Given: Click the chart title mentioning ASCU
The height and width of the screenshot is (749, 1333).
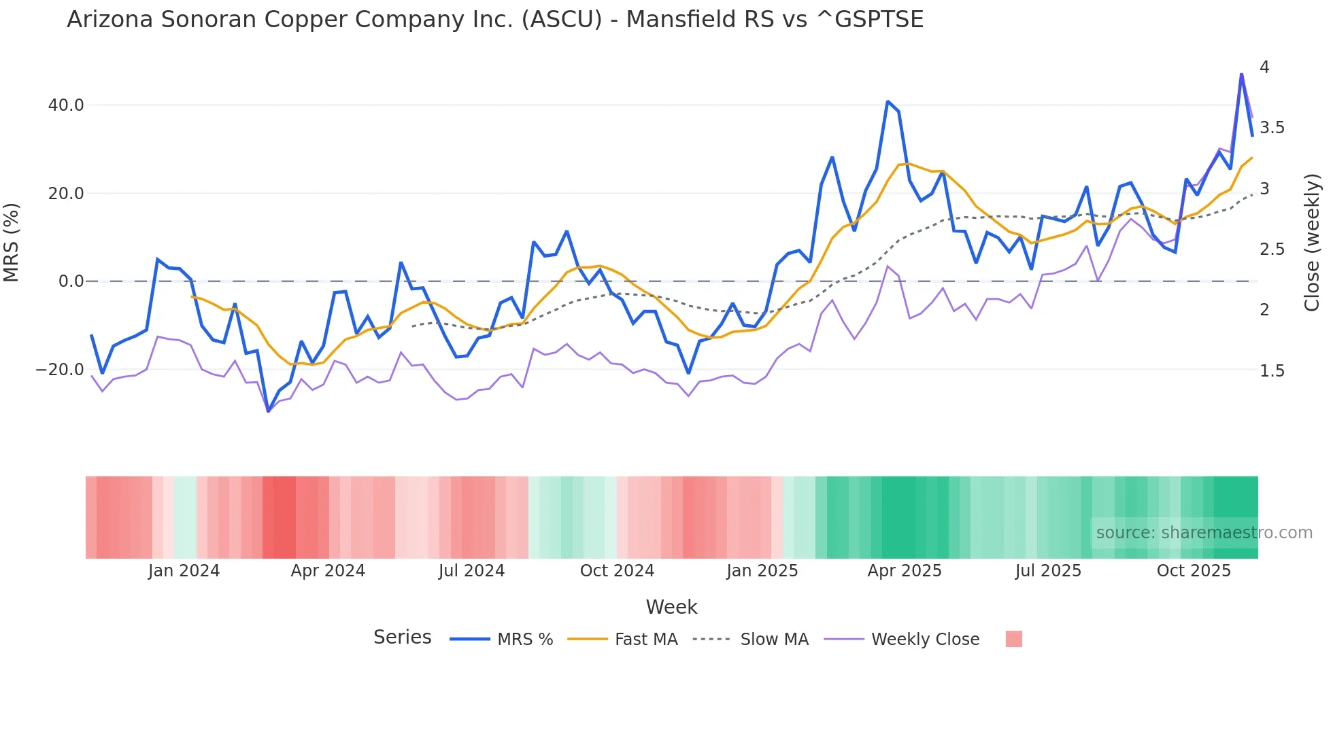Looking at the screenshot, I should pos(494,20).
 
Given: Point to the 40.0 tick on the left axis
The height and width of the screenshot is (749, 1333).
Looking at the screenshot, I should pos(66,105).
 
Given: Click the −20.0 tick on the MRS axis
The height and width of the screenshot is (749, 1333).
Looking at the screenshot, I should pos(60,370).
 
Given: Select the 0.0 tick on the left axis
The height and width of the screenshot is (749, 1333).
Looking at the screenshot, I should pos(71,281).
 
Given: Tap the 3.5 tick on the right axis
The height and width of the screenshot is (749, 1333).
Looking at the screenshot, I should pos(1272,128).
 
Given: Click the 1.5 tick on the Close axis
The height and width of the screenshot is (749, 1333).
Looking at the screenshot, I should pos(1272,371).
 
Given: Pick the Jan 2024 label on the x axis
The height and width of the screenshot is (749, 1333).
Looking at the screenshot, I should pos(184,571).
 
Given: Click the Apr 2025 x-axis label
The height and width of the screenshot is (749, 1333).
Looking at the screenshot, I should pos(904,571).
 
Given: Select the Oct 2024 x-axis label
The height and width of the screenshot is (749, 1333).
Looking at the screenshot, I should pos(617,571).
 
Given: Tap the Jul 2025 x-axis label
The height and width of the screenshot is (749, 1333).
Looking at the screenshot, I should pos(1048,571).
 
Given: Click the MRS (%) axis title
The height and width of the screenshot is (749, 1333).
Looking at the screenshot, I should pos(12,242).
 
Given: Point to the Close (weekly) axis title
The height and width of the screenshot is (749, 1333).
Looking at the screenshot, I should pos(1312,243).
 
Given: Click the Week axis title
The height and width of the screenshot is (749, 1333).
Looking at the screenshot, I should pos(671,607).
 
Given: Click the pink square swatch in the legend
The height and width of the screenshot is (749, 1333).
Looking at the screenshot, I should pos(1013,639).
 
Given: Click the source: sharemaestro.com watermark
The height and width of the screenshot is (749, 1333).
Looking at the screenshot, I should pos(1204,533).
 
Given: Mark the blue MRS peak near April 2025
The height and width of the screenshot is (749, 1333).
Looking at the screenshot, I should pos(888,102).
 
